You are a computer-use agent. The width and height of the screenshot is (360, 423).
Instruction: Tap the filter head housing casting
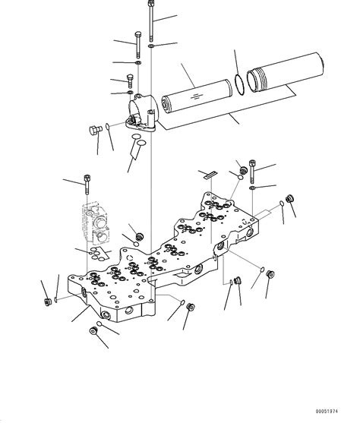(144, 111)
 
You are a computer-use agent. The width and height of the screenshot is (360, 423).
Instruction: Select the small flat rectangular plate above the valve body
(210, 175)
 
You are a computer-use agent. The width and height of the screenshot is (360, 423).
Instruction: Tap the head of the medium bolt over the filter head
(137, 35)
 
